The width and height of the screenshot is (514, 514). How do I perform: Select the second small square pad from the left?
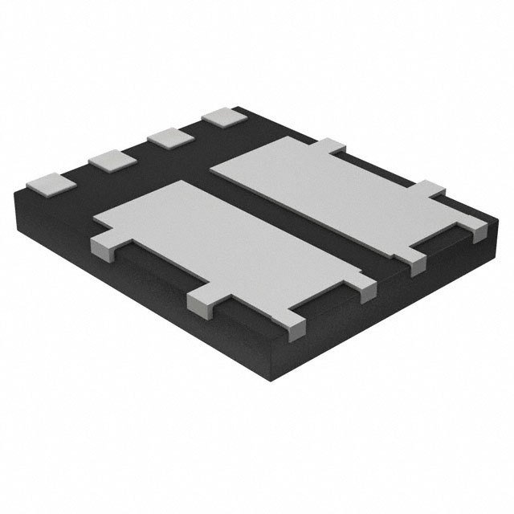click(x=110, y=160)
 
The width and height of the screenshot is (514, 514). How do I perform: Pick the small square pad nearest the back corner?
click(x=223, y=117)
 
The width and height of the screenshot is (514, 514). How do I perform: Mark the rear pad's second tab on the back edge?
click(x=430, y=190)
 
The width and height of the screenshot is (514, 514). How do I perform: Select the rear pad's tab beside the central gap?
click(x=416, y=264)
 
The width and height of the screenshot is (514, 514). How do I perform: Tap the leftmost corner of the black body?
click(x=18, y=193)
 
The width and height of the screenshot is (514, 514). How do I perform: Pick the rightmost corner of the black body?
click(x=491, y=221)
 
